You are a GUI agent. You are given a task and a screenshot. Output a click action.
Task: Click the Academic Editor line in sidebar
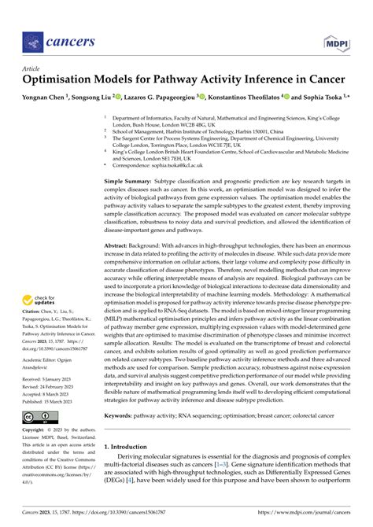pyautogui.click(x=51, y=367)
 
